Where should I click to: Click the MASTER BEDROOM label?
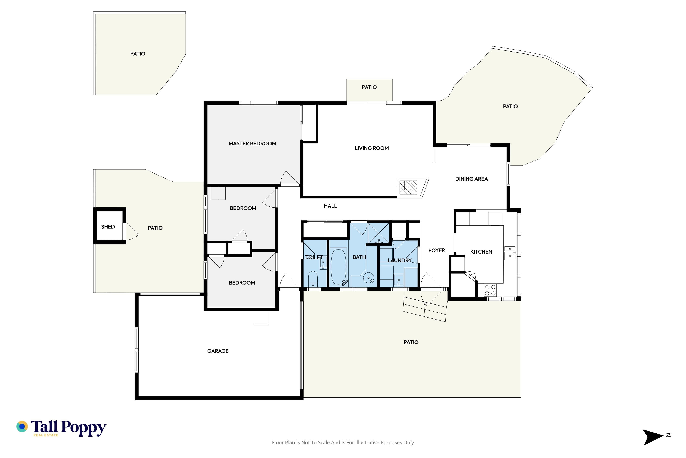click(252, 143)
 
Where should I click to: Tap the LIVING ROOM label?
click(372, 148)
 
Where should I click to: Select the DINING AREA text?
click(471, 179)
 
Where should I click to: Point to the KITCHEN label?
click(481, 252)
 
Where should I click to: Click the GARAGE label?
click(218, 351)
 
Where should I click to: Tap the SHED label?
click(108, 227)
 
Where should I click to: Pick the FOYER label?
click(437, 250)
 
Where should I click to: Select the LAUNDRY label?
click(400, 260)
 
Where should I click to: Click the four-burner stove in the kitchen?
click(490, 290)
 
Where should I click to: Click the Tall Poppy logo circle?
click(22, 427)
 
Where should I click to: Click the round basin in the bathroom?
click(369, 278)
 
